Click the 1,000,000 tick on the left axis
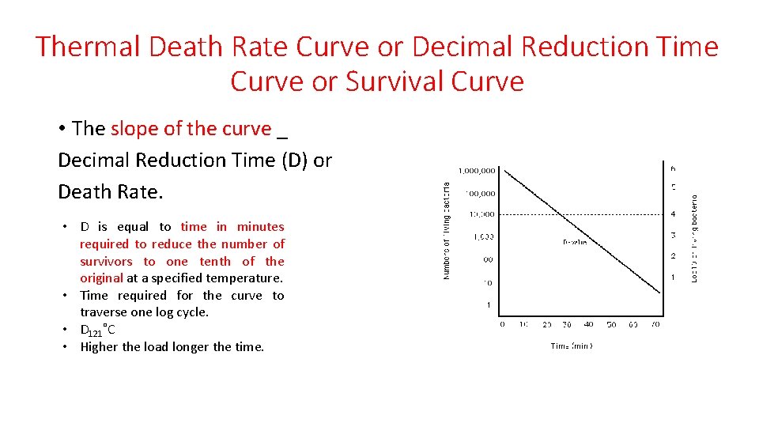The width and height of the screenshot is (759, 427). [x=477, y=169]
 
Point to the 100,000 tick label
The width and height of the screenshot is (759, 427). [x=480, y=192]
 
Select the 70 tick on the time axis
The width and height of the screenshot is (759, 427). [x=655, y=324]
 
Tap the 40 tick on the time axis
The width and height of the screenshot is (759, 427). [x=588, y=324]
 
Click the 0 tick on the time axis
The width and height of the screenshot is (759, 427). [x=502, y=324]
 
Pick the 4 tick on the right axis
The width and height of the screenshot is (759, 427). [x=673, y=214]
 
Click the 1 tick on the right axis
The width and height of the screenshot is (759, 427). [x=673, y=278]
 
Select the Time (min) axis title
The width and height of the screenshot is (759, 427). [x=572, y=346]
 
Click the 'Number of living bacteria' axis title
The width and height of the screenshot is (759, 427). [x=447, y=230]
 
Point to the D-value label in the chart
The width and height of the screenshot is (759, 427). [x=575, y=242]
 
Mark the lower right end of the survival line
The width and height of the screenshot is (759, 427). [x=661, y=297]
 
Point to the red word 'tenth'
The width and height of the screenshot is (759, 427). [x=215, y=261]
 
